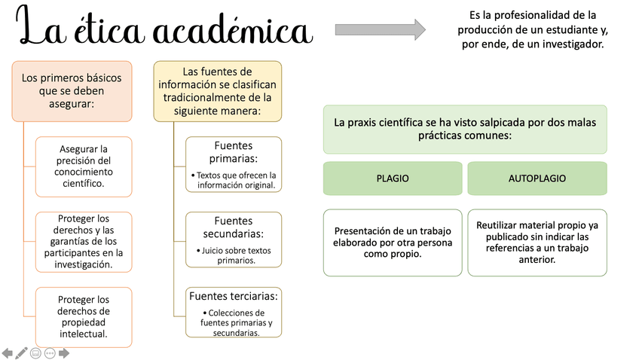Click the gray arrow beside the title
[x=379, y=29]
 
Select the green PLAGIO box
[x=393, y=178]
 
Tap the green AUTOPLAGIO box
[x=537, y=178]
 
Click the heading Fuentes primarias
[x=234, y=151]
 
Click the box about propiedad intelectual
[x=83, y=316]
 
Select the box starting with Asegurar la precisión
[x=83, y=166]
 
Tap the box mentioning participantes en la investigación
[x=83, y=242]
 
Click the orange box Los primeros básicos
[x=72, y=90]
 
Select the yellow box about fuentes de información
[x=218, y=90]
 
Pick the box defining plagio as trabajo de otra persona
[x=393, y=242]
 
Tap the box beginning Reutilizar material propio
[x=537, y=242]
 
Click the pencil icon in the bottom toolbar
[x=22, y=352]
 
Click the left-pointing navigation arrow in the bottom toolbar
[x=8, y=352]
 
